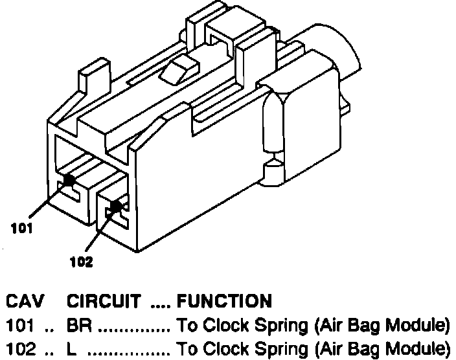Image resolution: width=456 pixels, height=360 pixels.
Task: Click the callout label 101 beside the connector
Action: tap(22, 228)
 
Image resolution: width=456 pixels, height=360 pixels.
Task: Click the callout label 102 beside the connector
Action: tap(81, 262)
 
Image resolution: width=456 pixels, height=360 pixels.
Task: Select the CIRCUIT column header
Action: tap(104, 301)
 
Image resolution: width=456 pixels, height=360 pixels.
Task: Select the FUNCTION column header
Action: tap(223, 301)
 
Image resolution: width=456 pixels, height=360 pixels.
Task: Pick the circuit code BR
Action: tap(77, 324)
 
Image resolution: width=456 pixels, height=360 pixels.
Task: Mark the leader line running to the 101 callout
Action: tap(47, 200)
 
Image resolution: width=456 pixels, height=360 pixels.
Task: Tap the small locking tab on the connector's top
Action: tap(180, 68)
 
